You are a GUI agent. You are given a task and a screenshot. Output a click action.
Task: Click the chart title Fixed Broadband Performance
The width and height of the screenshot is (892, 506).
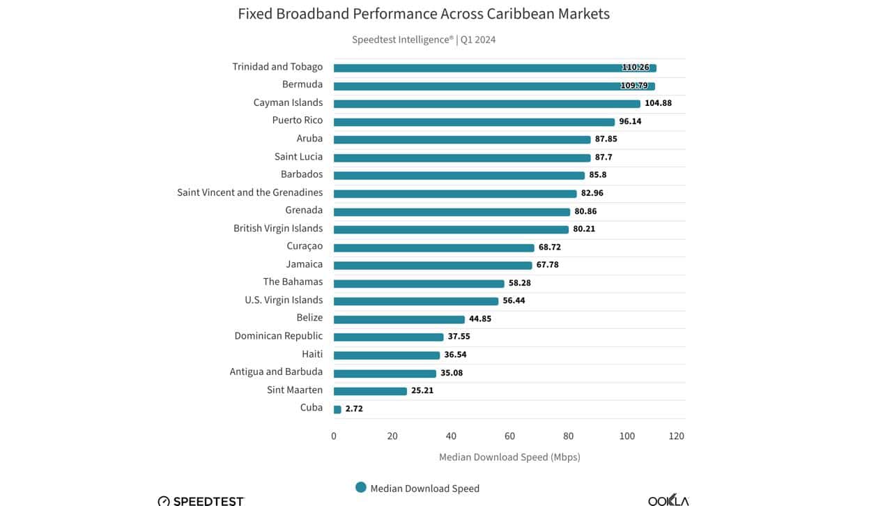[x=424, y=14]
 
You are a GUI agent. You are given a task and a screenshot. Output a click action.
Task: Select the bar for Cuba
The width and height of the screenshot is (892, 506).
[x=337, y=409]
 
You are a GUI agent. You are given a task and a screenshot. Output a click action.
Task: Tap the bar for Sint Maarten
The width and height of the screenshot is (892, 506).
[x=370, y=391]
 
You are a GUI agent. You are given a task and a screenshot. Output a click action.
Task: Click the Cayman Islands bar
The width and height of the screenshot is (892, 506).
[x=486, y=104]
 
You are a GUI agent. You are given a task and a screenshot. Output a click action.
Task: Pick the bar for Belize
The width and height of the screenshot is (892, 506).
[x=399, y=319]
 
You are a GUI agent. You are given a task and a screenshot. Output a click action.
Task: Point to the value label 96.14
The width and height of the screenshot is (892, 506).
[x=630, y=121]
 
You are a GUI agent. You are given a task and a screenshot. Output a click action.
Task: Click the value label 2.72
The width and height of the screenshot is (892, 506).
[x=354, y=409]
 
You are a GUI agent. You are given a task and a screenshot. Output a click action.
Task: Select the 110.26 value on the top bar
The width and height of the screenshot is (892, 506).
[x=635, y=68]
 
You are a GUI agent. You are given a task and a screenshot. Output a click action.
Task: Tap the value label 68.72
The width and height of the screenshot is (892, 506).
[x=549, y=247]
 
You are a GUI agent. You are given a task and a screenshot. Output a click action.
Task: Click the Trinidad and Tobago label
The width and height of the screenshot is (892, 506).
[x=277, y=67]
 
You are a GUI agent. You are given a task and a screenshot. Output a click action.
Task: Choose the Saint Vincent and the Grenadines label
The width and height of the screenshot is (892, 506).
[x=249, y=192]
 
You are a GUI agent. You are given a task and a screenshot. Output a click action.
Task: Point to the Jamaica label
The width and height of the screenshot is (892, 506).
[x=304, y=264]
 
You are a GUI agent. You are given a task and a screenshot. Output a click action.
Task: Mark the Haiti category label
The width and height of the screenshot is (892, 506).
[x=312, y=354]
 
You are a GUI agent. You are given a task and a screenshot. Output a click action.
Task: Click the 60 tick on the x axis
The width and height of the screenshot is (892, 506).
[x=509, y=436]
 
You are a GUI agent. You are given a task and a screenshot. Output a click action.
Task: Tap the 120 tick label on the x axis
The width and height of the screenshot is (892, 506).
[x=676, y=436]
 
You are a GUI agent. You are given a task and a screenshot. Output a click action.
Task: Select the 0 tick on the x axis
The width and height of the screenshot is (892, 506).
[x=334, y=436]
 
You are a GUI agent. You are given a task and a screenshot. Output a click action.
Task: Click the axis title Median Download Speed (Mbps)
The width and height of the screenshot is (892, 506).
[x=509, y=457]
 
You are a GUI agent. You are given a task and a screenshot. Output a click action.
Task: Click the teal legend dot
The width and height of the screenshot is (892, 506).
[x=360, y=488]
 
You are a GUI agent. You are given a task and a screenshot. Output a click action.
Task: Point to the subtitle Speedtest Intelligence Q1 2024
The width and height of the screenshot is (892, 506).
[x=424, y=40]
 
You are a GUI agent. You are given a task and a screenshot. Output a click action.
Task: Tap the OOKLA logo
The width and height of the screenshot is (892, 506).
[x=668, y=499]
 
